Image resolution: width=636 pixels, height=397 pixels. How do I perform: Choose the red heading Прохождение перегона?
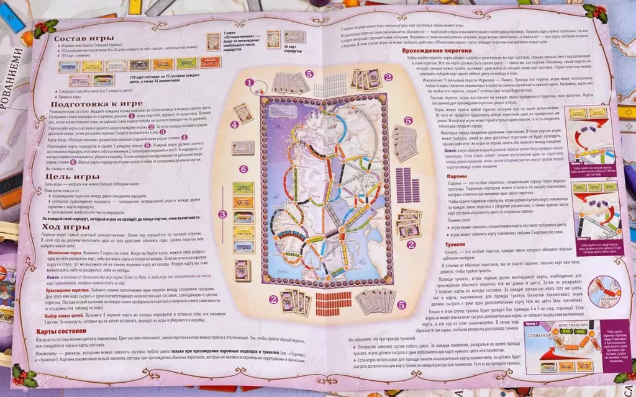pos(438,50)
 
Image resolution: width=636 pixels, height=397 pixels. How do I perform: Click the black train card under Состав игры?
pos(139,65)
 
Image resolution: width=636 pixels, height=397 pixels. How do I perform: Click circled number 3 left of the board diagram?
pos(221,215)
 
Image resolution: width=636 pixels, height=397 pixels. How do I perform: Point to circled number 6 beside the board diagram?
pos(243,168)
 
